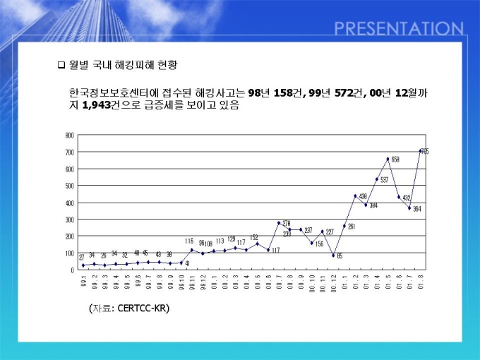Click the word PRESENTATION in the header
(399, 29)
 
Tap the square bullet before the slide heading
(61, 65)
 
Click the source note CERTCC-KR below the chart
(130, 308)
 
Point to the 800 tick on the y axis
(70, 135)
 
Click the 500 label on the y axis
(70, 186)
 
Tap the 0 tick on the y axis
(72, 270)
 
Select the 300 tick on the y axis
(70, 220)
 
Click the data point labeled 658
(388, 159)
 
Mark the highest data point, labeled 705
(421, 151)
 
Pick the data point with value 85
(333, 255)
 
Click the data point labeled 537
(377, 179)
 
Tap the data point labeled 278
(279, 223)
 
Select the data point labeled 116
(191, 250)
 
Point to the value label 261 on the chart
(352, 227)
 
